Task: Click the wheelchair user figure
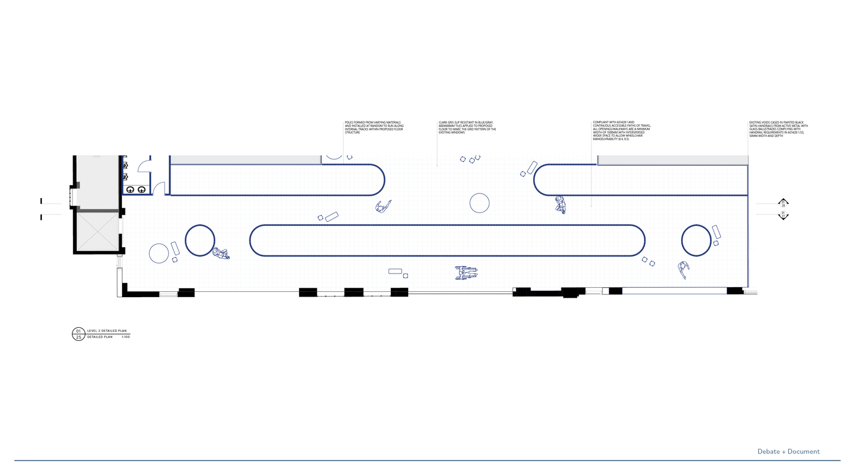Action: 466,272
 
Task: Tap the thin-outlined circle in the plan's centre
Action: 479,203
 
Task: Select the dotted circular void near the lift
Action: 200,239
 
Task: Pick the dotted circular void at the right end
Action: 696,239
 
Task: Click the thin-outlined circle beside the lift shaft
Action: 159,254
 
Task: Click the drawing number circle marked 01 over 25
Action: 78,334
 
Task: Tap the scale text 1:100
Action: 125,337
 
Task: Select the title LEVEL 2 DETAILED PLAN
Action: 107,331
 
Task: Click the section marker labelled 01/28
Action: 783,203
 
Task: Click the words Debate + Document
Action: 788,452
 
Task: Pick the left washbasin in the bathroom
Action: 130,189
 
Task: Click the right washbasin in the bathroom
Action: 142,189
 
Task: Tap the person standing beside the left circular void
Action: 221,253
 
